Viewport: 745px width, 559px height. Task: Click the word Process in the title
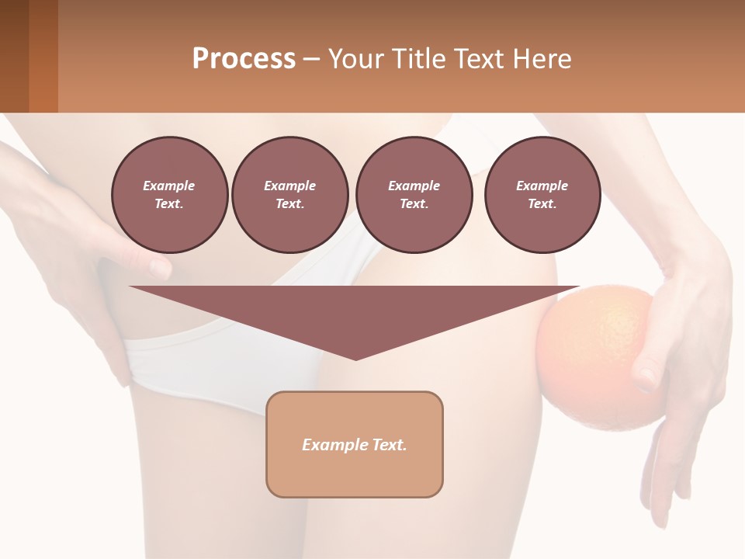point(244,58)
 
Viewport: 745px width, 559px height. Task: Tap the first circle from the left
point(169,195)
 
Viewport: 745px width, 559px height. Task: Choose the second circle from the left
point(289,195)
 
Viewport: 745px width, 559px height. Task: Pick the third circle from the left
point(414,195)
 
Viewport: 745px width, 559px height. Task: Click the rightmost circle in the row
point(542,195)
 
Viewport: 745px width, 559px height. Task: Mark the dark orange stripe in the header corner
point(43,56)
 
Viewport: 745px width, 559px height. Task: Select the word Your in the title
point(355,58)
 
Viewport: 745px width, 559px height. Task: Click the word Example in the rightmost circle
point(542,186)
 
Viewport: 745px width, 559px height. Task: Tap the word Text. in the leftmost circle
point(169,204)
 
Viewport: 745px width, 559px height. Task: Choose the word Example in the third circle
point(414,186)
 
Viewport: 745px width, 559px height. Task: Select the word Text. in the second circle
point(289,204)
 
